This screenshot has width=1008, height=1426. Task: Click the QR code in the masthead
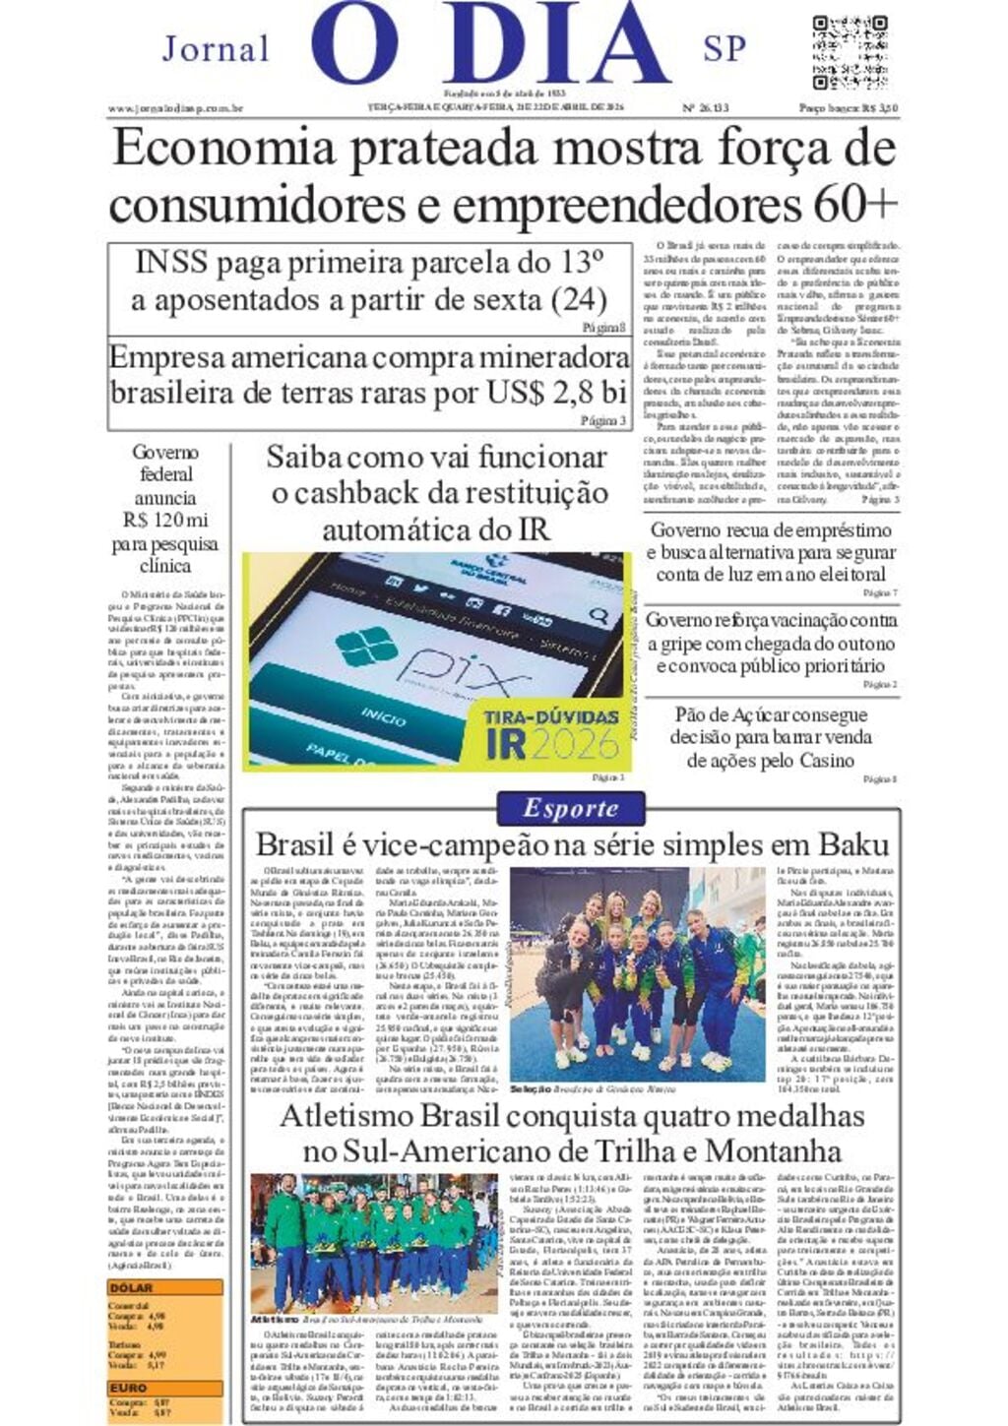tap(850, 51)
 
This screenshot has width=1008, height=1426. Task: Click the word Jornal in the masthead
tap(216, 48)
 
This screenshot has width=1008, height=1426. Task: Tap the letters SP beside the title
tap(724, 48)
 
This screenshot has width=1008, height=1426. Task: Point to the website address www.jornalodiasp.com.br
tap(175, 108)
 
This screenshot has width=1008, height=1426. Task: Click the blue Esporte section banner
tap(571, 809)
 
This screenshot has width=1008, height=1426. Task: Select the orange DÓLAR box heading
tap(132, 1286)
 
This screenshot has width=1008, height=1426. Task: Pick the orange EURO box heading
tap(129, 1388)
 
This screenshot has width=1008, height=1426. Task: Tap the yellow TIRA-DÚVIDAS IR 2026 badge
tap(551, 733)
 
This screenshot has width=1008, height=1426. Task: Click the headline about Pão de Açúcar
tap(771, 737)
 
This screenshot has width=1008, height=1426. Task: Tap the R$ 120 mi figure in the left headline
tap(165, 520)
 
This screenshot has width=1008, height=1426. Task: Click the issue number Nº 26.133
tap(705, 108)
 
